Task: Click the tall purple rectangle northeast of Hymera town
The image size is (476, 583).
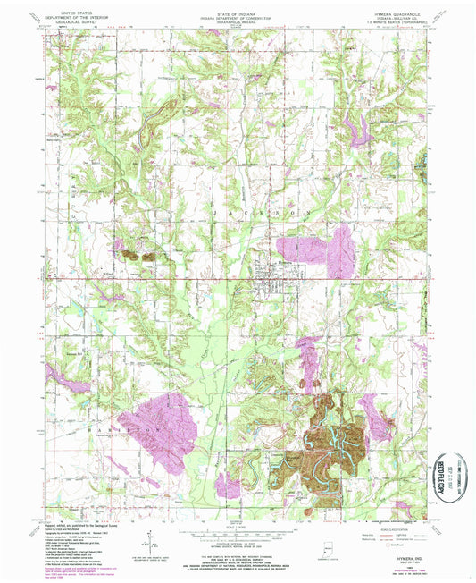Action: [339, 250]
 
